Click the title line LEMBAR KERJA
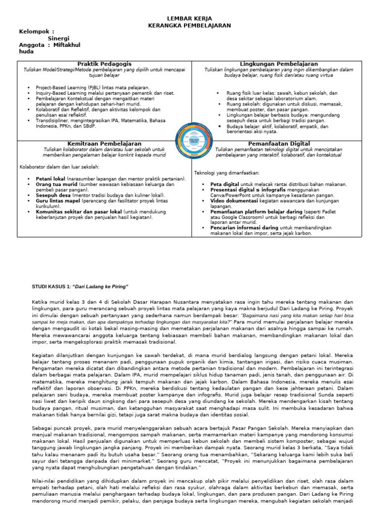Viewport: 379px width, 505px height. coord(189,18)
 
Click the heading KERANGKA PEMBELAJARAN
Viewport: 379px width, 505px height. coord(189,25)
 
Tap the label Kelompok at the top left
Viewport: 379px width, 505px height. coord(36,32)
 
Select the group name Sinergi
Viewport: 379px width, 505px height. coord(59,38)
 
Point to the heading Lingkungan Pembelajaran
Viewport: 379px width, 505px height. coord(279,65)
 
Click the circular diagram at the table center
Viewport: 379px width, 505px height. coord(191,142)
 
